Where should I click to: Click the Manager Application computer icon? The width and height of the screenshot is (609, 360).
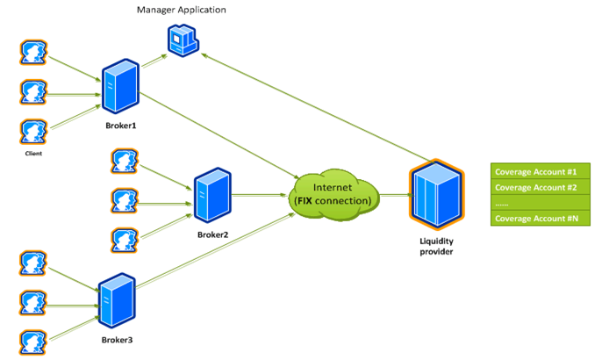click(183, 40)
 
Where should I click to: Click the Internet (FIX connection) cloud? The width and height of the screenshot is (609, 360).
click(334, 192)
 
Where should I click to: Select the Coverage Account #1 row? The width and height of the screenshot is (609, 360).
click(536, 171)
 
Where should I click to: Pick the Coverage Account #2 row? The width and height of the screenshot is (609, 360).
click(536, 187)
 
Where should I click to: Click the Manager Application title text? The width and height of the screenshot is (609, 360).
click(181, 10)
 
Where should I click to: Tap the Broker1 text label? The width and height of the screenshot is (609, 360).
click(119, 126)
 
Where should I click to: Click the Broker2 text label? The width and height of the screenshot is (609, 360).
click(213, 234)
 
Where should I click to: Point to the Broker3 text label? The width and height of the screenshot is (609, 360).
click(117, 339)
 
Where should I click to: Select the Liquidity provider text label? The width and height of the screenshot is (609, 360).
click(435, 245)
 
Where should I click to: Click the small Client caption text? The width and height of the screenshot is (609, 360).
click(33, 153)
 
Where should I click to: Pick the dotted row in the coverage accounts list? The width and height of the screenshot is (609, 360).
click(536, 203)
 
